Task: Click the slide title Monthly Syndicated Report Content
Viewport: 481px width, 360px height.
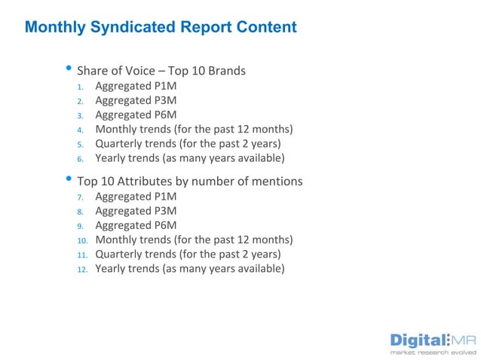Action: pos(161,28)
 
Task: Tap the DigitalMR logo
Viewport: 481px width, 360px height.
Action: pos(432,339)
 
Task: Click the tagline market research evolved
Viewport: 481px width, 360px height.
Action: pos(432,352)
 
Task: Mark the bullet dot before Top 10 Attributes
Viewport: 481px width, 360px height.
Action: pos(69,180)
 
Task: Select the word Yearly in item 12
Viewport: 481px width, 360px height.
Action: pos(112,269)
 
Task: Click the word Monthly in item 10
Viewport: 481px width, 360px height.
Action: pos(118,240)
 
